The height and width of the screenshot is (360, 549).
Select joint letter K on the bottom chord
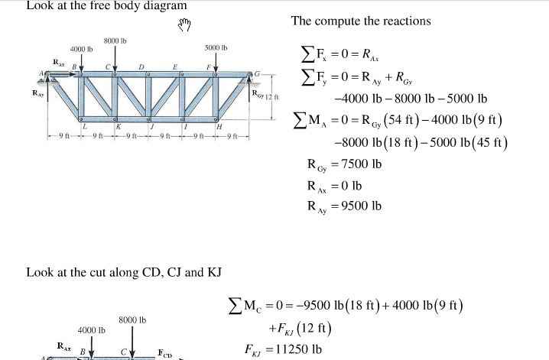point(118,125)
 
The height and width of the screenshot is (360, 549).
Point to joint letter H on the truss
point(219,125)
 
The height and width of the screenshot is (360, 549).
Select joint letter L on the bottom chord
point(85,125)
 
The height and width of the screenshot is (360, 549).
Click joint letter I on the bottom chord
point(185,125)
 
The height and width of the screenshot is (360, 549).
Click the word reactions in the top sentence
point(404,21)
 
